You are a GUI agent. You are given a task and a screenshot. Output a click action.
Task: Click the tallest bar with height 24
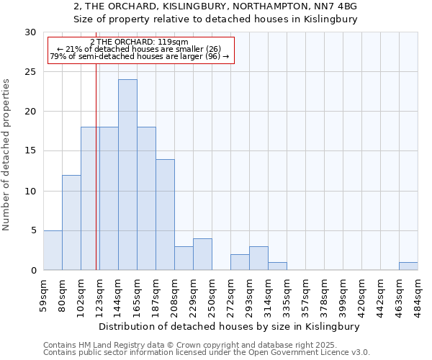pyautogui.click(x=127, y=174)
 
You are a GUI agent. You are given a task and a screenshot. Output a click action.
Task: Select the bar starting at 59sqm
pyautogui.click(x=53, y=250)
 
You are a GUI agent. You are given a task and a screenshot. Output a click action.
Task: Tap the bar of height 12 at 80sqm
pyautogui.click(x=71, y=222)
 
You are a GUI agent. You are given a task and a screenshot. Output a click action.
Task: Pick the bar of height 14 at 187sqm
pyautogui.click(x=165, y=215)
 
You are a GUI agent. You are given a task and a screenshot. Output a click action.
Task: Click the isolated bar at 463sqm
pyautogui.click(x=408, y=266)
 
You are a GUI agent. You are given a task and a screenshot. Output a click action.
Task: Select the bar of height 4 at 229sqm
pyautogui.click(x=202, y=254)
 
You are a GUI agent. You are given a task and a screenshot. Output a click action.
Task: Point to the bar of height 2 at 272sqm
pyautogui.click(x=240, y=262)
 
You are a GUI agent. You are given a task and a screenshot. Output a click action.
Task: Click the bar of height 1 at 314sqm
pyautogui.click(x=277, y=266)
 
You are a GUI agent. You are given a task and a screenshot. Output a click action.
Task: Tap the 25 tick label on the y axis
pyautogui.click(x=31, y=72)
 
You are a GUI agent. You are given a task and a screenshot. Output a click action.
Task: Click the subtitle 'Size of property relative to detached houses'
pyautogui.click(x=215, y=19)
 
